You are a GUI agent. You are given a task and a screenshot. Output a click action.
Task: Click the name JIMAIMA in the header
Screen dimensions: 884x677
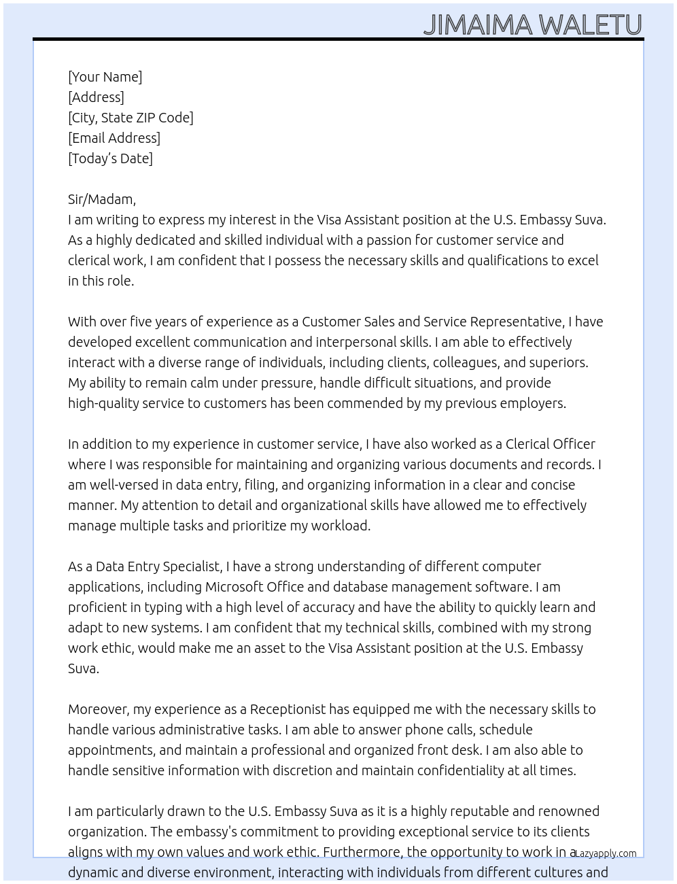478,24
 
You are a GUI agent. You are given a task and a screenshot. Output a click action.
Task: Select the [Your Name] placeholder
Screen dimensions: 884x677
105,77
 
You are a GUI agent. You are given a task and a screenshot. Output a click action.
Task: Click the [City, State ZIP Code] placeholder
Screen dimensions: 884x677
131,118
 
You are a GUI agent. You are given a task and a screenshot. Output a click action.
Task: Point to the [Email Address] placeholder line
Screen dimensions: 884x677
114,138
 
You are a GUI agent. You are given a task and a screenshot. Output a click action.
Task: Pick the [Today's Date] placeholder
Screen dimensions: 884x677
110,158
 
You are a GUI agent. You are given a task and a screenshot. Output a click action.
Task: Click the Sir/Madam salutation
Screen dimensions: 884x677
101,199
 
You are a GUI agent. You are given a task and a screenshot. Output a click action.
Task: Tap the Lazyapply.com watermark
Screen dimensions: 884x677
606,853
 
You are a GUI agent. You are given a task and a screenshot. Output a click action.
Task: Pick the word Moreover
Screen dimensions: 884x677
99,709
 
